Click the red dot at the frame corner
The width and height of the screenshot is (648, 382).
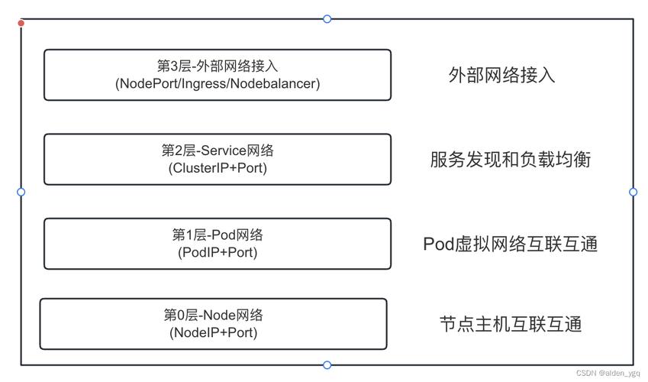click(21, 23)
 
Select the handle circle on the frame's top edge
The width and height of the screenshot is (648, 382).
click(327, 19)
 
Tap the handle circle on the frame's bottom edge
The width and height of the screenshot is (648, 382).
click(327, 365)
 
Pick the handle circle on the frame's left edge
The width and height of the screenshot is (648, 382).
click(21, 192)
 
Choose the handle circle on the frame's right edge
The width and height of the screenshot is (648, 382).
click(633, 192)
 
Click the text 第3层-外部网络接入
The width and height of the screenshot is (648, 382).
click(218, 66)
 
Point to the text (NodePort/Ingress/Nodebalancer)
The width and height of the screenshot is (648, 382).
click(218, 84)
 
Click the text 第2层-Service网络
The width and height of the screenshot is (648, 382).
click(218, 151)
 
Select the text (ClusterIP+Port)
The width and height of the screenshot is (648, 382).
click(218, 168)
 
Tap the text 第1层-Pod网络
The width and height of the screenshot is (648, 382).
click(218, 235)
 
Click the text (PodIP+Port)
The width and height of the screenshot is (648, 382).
click(218, 252)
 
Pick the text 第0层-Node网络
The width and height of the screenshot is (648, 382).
click(214, 315)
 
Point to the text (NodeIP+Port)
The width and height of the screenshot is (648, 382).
click(214, 332)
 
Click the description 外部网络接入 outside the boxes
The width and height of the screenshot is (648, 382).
click(501, 75)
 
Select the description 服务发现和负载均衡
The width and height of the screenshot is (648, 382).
click(510, 159)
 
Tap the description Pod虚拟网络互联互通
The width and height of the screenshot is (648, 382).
click(510, 244)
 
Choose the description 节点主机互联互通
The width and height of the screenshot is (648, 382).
click(511, 324)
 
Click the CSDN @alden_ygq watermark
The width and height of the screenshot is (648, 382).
click(608, 373)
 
